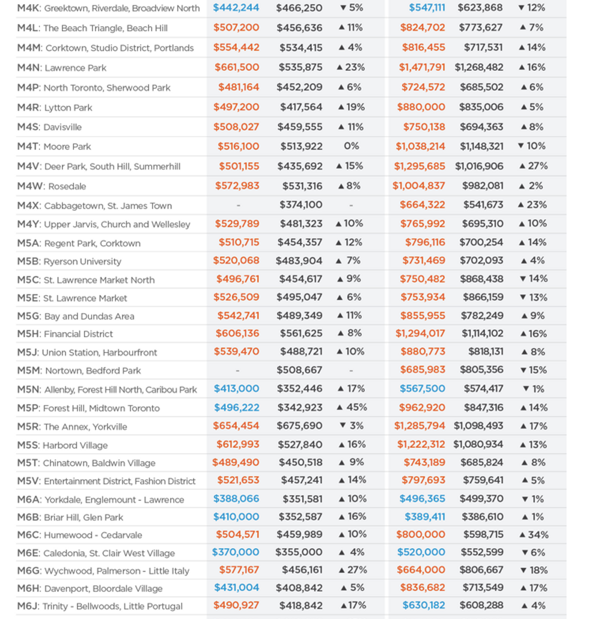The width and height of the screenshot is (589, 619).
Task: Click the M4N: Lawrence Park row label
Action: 61,68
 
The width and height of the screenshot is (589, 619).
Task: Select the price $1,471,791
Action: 422,67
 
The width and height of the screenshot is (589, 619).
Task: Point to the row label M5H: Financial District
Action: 65,334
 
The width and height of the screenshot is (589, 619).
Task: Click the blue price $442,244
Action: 236,8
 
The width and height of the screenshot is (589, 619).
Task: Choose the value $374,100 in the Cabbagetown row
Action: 301,205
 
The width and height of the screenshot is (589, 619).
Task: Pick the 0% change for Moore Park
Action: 352,146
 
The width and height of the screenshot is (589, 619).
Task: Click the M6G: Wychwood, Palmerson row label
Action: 103,571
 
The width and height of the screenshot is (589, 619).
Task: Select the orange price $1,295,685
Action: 420,166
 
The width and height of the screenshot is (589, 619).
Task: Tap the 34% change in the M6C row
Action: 534,535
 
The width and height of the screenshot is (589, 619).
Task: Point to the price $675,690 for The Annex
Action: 299,426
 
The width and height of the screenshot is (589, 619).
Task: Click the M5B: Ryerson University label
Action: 69,261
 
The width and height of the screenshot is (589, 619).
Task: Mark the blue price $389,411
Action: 425,517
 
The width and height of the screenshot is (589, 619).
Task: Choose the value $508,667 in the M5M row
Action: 299,370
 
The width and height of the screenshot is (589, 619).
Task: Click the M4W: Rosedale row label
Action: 51,186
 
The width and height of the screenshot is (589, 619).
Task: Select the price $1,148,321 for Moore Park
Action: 481,147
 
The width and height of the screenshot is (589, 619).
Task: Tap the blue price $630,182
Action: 424,605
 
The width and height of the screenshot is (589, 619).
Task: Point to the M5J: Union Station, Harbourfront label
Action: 87,353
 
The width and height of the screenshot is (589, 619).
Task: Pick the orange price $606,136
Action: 237,334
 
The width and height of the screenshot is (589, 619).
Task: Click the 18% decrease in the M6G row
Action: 534,570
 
